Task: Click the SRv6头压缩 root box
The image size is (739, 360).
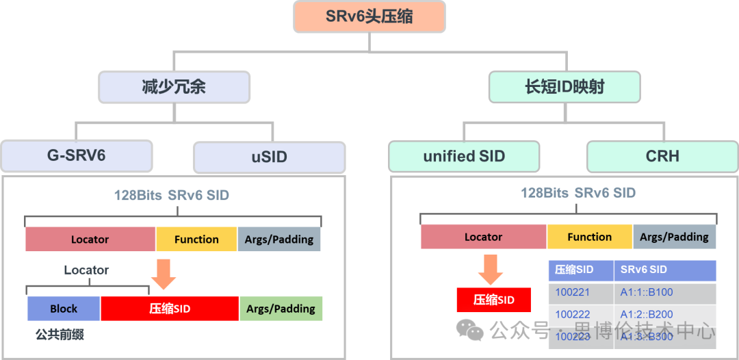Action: (x=369, y=16)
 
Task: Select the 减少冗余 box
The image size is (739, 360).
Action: (x=174, y=87)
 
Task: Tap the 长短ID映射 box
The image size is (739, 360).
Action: (x=565, y=87)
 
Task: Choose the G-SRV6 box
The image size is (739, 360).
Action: (x=76, y=155)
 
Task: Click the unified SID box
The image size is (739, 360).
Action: (x=464, y=156)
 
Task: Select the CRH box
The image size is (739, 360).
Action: (x=662, y=156)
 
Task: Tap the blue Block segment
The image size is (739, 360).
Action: (x=64, y=309)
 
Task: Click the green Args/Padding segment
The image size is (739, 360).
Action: (x=281, y=309)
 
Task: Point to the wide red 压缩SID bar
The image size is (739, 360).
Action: (x=170, y=309)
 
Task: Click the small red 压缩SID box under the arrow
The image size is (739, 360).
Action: (x=493, y=300)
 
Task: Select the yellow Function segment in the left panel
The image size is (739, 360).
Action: (x=196, y=240)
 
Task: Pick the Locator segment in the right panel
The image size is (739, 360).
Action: (x=483, y=237)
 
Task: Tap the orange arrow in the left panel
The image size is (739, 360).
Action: (x=163, y=273)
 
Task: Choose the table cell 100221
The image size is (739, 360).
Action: (x=573, y=292)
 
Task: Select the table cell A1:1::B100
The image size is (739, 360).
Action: (x=647, y=292)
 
